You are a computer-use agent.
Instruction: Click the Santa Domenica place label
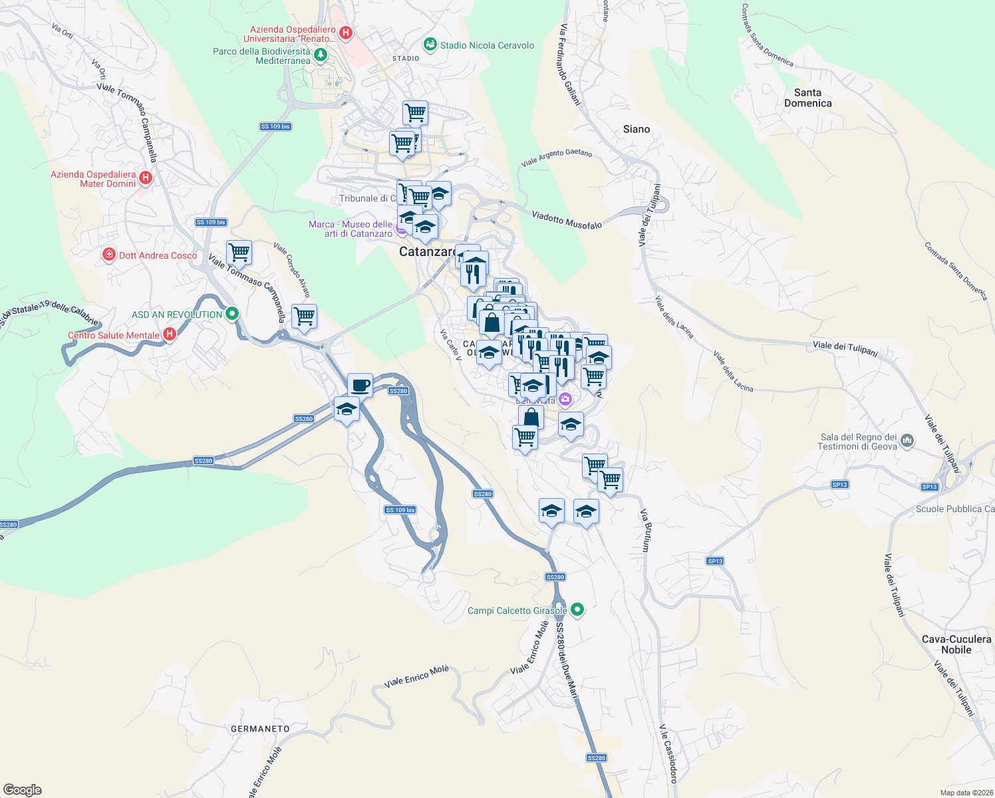click(x=807, y=98)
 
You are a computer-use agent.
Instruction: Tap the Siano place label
click(x=637, y=129)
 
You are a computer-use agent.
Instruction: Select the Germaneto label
click(x=260, y=729)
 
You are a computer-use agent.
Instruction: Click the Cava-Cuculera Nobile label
click(x=956, y=644)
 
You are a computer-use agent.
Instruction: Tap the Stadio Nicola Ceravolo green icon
click(x=430, y=45)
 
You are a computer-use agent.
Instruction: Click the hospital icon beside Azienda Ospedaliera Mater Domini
click(x=146, y=178)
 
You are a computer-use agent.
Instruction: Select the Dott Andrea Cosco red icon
click(x=108, y=255)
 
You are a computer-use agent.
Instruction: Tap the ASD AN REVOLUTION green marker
click(x=231, y=313)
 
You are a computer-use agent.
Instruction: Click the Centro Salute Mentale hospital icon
click(x=170, y=334)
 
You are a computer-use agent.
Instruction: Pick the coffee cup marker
click(x=360, y=385)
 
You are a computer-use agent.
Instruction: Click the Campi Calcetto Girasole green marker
click(x=577, y=609)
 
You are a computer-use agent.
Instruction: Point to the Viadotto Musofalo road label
click(x=567, y=220)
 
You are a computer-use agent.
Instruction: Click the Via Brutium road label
click(x=645, y=531)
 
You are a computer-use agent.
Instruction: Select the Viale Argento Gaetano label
click(x=556, y=158)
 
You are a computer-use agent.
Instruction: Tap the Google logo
click(x=22, y=789)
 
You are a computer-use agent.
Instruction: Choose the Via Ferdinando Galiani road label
click(x=571, y=65)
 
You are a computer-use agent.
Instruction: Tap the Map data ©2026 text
click(x=966, y=793)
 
